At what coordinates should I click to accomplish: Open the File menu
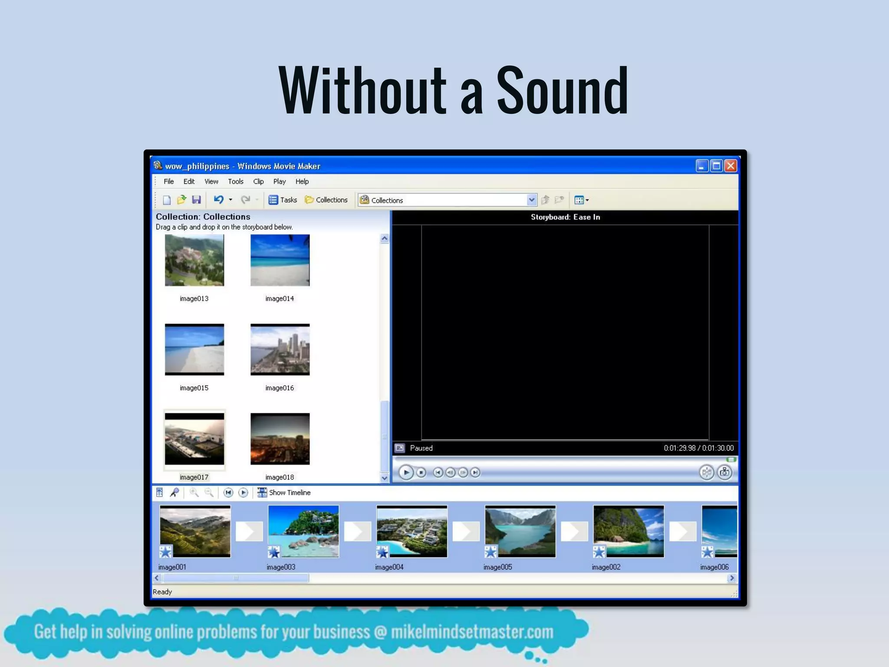(168, 182)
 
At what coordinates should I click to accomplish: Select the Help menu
(302, 182)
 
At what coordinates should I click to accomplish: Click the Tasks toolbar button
(283, 200)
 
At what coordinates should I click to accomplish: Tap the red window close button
(731, 165)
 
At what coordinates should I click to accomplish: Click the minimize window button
(701, 165)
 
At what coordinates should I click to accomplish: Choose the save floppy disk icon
(196, 200)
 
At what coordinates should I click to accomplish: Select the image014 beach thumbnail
(280, 260)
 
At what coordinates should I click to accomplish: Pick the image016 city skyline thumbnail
(280, 350)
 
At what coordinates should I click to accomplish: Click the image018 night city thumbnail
(280, 439)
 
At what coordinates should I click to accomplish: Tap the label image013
(194, 299)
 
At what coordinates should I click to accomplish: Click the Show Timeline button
(285, 492)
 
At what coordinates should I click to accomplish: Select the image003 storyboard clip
(303, 531)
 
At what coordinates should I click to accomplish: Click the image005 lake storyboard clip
(520, 531)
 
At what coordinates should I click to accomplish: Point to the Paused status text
(421, 448)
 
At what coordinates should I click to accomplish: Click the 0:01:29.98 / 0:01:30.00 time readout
(698, 448)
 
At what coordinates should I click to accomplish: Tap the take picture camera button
(724, 472)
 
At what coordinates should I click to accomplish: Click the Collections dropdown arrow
(531, 200)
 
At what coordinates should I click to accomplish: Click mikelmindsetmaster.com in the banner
(472, 632)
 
